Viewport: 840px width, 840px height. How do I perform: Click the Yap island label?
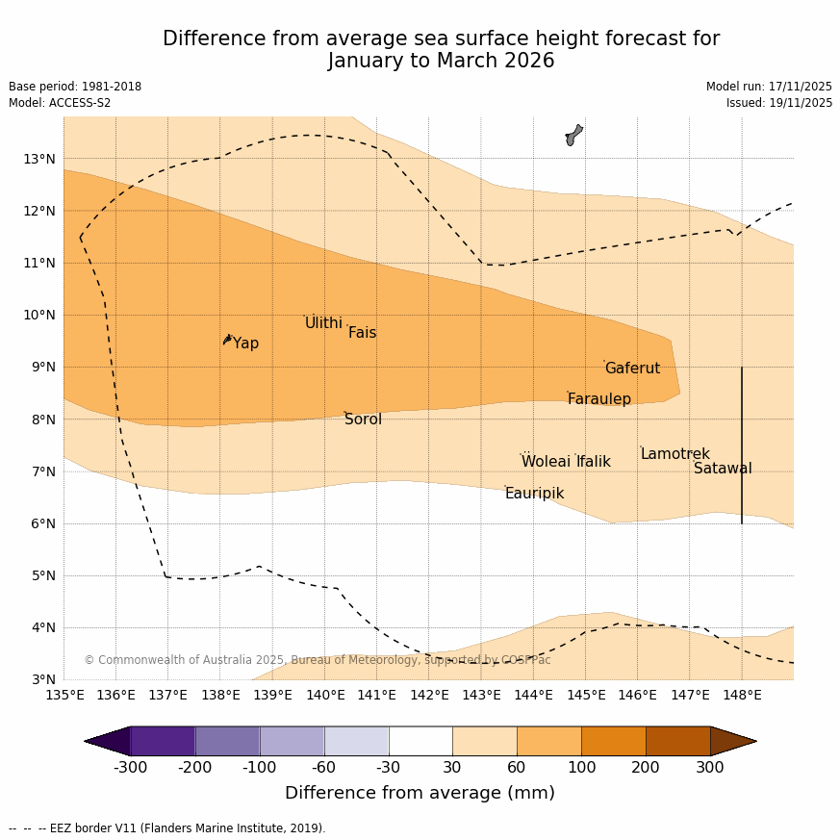point(245,344)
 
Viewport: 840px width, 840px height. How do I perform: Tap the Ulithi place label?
point(323,323)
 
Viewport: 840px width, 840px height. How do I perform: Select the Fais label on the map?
point(362,333)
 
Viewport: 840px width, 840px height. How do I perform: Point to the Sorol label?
point(363,420)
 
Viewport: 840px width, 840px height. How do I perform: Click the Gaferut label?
point(632,369)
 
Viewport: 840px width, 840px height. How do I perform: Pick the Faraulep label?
point(598,399)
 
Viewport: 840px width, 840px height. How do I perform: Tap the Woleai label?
point(546,462)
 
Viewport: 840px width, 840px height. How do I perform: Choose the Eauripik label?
point(534,494)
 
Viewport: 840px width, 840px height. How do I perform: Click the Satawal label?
point(723,469)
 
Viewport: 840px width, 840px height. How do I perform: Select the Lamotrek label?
point(675,454)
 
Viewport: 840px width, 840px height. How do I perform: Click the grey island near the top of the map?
point(573,135)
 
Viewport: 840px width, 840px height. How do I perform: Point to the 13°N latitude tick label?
point(39,159)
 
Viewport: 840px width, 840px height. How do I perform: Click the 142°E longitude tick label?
point(429,695)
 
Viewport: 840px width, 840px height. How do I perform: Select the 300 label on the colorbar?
point(709,768)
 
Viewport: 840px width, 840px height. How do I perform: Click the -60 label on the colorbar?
point(323,768)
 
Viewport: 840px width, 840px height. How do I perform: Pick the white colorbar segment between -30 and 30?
point(420,741)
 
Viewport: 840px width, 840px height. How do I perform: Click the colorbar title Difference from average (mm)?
point(420,794)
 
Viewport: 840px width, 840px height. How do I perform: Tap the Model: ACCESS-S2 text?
point(60,103)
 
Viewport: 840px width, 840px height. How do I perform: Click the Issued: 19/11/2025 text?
point(778,103)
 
